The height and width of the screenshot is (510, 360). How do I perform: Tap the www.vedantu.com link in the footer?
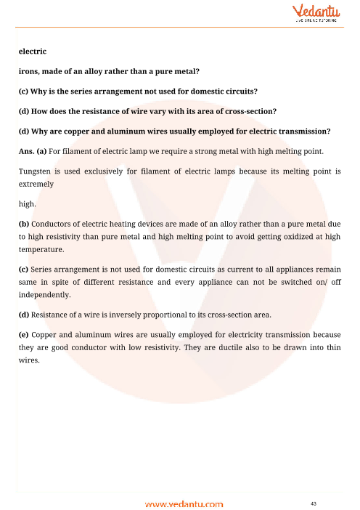click(184, 503)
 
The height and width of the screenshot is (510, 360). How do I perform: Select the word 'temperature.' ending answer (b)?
click(42, 249)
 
